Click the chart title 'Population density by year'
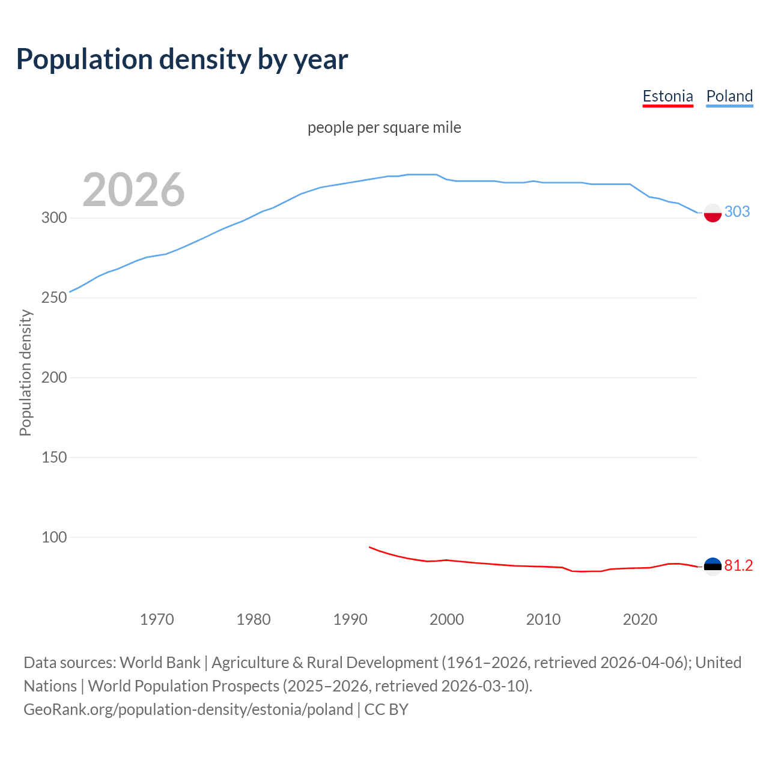182,59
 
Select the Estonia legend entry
667,96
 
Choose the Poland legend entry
729,96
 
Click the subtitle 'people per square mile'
384,127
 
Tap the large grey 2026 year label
133,190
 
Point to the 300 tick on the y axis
53,217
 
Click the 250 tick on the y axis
53,297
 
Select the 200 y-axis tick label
53,377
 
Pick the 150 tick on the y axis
53,457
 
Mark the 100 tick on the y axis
53,537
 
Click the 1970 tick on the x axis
157,619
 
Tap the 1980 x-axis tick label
254,619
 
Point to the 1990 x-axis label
350,619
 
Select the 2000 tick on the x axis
446,619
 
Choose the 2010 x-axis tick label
543,619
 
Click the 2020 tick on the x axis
640,619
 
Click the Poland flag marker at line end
713,213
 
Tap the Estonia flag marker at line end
713,567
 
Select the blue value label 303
737,211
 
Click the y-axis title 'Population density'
25,372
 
